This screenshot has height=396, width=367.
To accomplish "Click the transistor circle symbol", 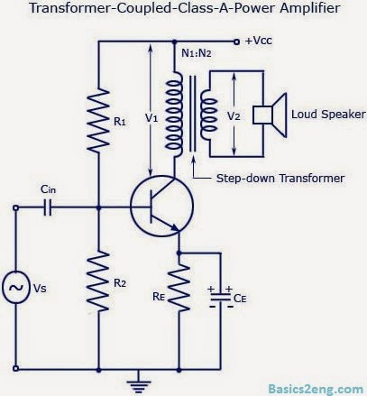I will point(161,207).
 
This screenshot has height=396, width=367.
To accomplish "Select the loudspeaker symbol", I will point(268,115).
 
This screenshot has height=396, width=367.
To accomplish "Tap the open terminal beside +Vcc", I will point(236,41).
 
